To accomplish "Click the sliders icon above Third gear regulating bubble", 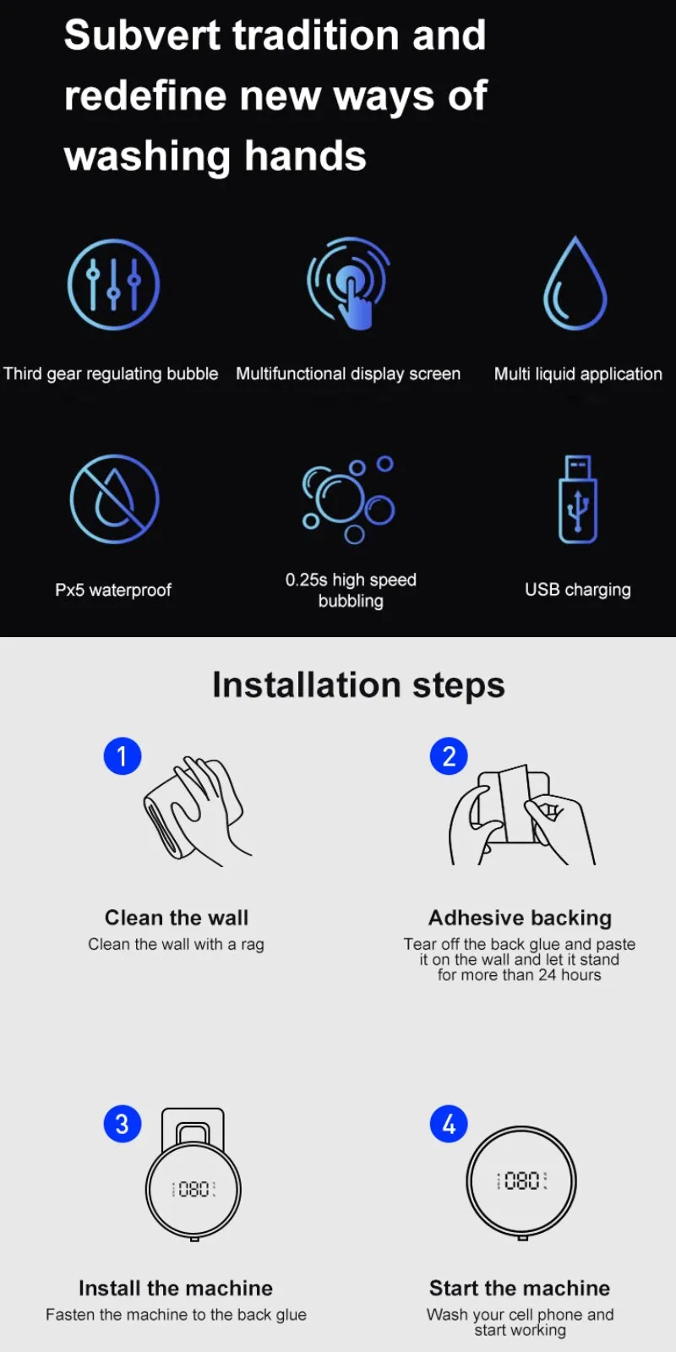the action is pyautogui.click(x=113, y=284).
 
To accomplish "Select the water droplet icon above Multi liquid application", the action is pyautogui.click(x=575, y=282).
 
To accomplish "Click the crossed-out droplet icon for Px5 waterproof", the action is pyautogui.click(x=114, y=499).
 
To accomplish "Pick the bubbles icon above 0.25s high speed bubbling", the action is pyautogui.click(x=348, y=499).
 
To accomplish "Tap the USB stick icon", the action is pyautogui.click(x=578, y=499).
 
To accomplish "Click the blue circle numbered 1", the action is pyautogui.click(x=123, y=755).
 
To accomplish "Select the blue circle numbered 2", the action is pyautogui.click(x=449, y=755).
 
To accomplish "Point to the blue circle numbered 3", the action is pyautogui.click(x=123, y=1124).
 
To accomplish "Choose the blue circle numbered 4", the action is pyautogui.click(x=449, y=1124).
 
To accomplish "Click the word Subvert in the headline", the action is pyautogui.click(x=142, y=35).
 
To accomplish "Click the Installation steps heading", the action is pyautogui.click(x=358, y=685).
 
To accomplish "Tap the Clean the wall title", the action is pyautogui.click(x=177, y=918).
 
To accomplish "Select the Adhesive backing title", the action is pyautogui.click(x=520, y=918).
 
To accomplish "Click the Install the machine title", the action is pyautogui.click(x=176, y=1288).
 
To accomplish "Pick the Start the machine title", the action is pyautogui.click(x=520, y=1288).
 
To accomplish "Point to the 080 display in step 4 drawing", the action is pyautogui.click(x=521, y=1180).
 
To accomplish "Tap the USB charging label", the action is pyautogui.click(x=578, y=590).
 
